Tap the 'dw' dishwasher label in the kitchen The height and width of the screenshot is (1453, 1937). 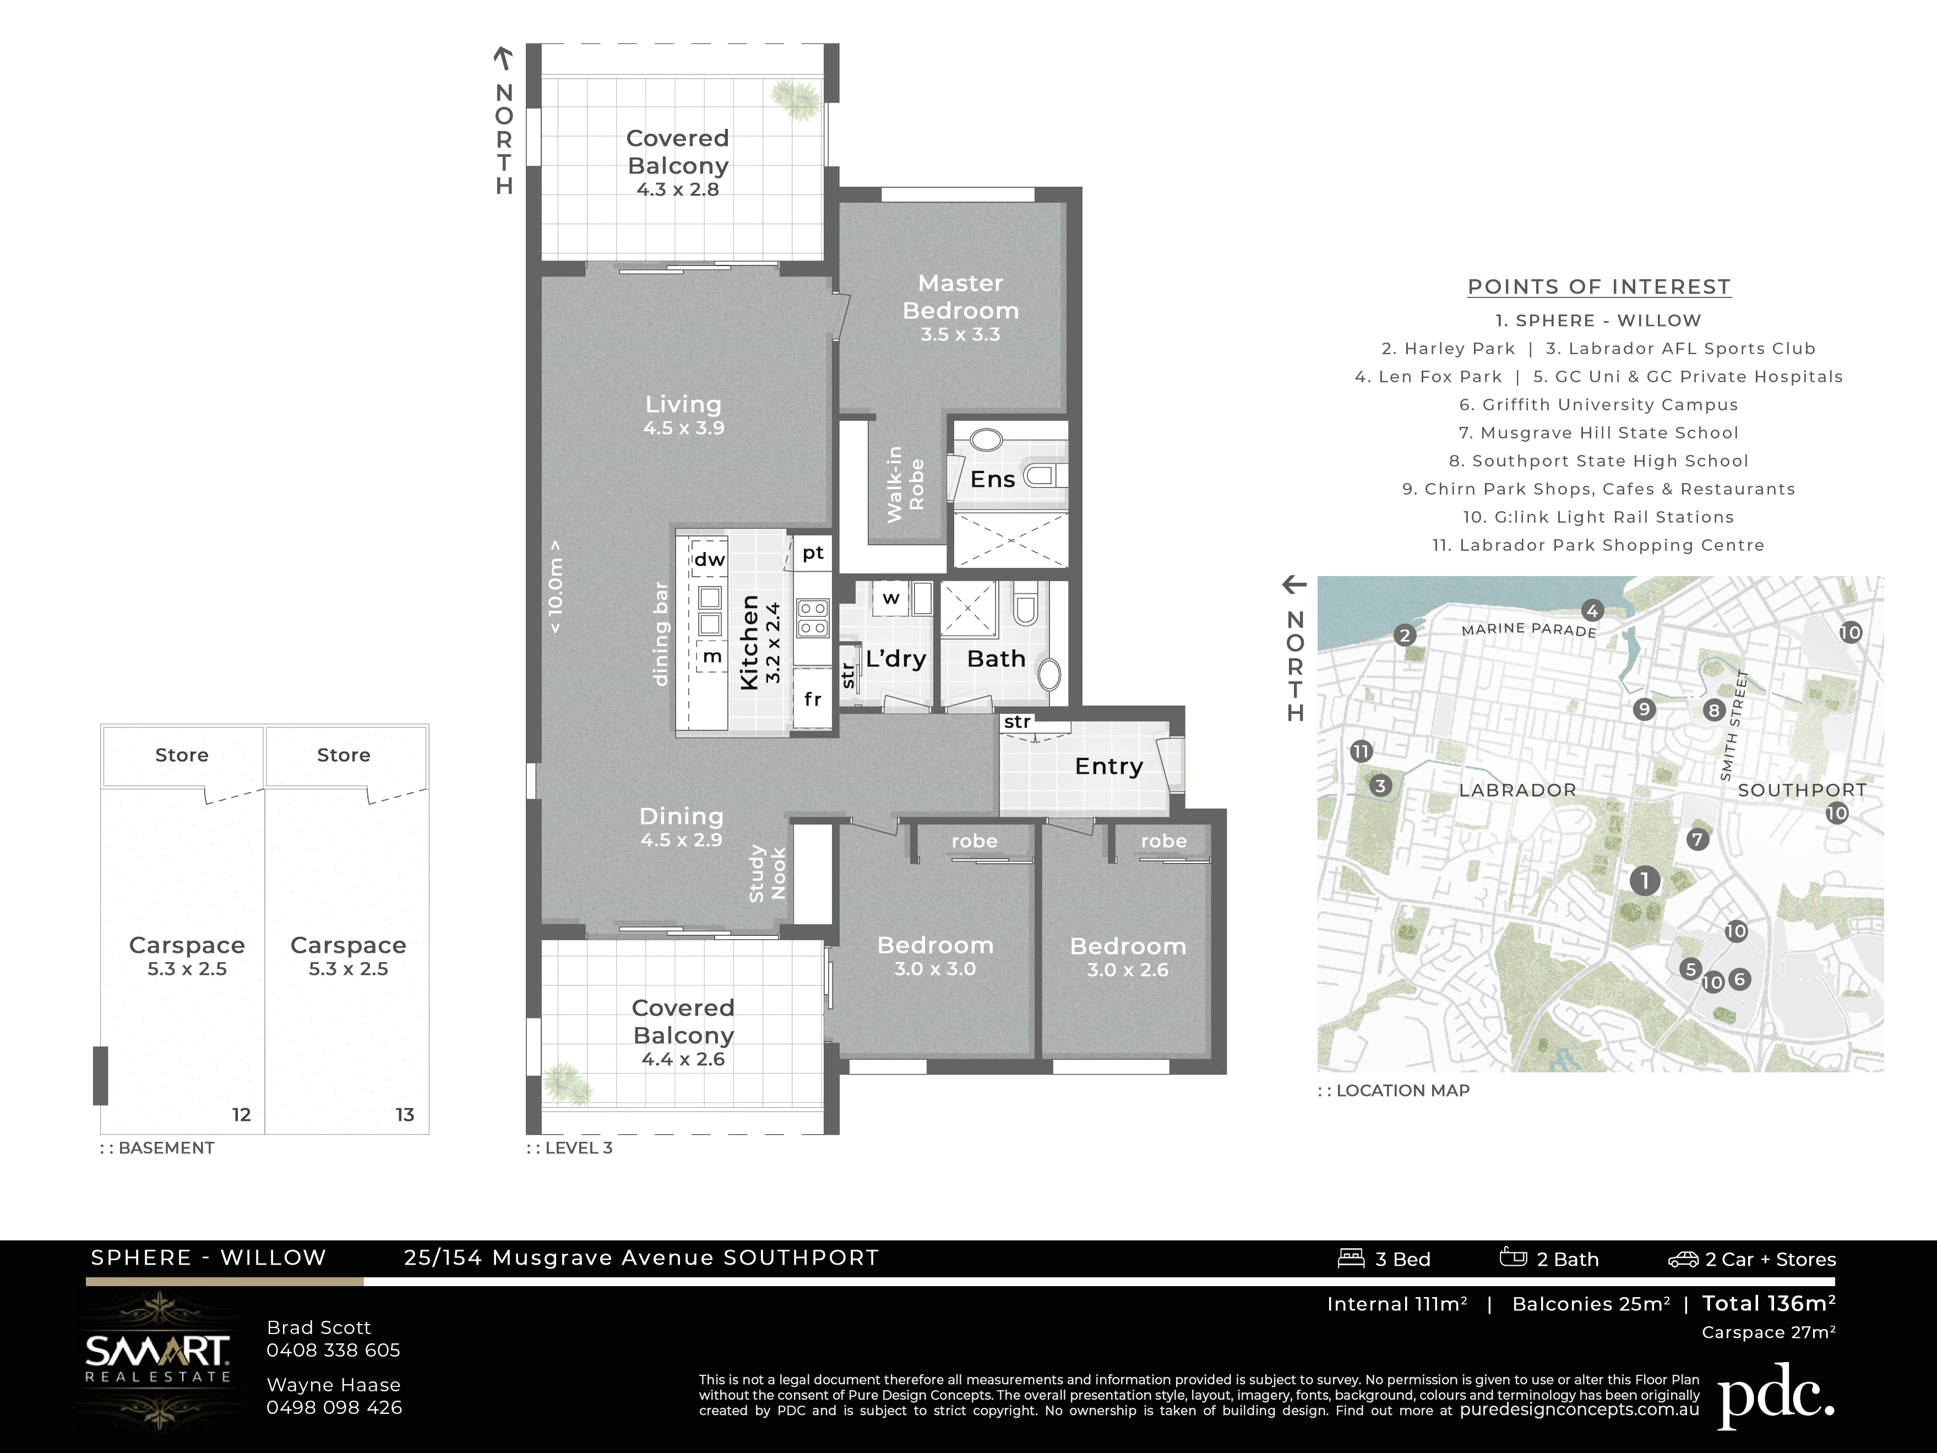(x=709, y=559)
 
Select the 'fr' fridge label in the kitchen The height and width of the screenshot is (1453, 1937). (x=813, y=698)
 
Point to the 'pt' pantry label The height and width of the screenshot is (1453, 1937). (x=813, y=552)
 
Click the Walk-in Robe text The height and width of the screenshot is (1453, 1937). (x=905, y=484)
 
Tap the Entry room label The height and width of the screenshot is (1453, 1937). (x=1108, y=766)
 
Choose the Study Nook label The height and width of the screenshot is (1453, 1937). (x=767, y=873)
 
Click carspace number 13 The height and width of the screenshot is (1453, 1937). (x=405, y=1115)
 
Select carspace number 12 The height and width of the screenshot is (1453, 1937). (x=242, y=1115)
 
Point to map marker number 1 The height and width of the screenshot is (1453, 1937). (x=1645, y=880)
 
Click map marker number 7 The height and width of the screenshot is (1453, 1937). (x=1697, y=839)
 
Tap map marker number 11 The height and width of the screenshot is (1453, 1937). (x=1361, y=751)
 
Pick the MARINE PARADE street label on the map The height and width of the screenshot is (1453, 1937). (x=1529, y=630)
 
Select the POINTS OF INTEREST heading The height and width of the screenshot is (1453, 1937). (x=1599, y=288)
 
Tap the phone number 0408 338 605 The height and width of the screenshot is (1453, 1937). (x=334, y=1349)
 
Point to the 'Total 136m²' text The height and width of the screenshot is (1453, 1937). (x=1769, y=1303)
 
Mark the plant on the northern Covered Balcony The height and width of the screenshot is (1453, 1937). (x=796, y=98)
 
